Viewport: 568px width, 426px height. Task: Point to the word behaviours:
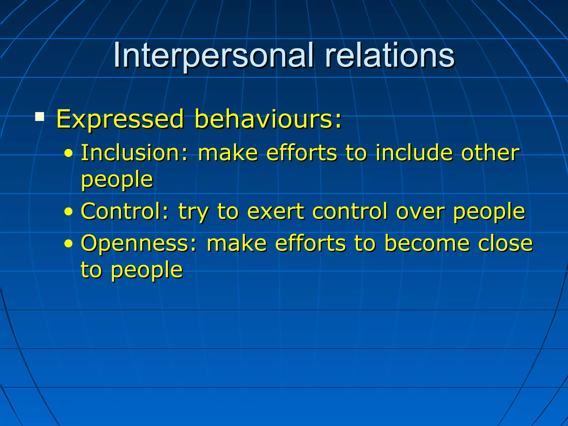click(x=268, y=119)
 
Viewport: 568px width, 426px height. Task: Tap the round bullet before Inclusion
click(x=69, y=153)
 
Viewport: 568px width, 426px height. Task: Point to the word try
click(x=193, y=213)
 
